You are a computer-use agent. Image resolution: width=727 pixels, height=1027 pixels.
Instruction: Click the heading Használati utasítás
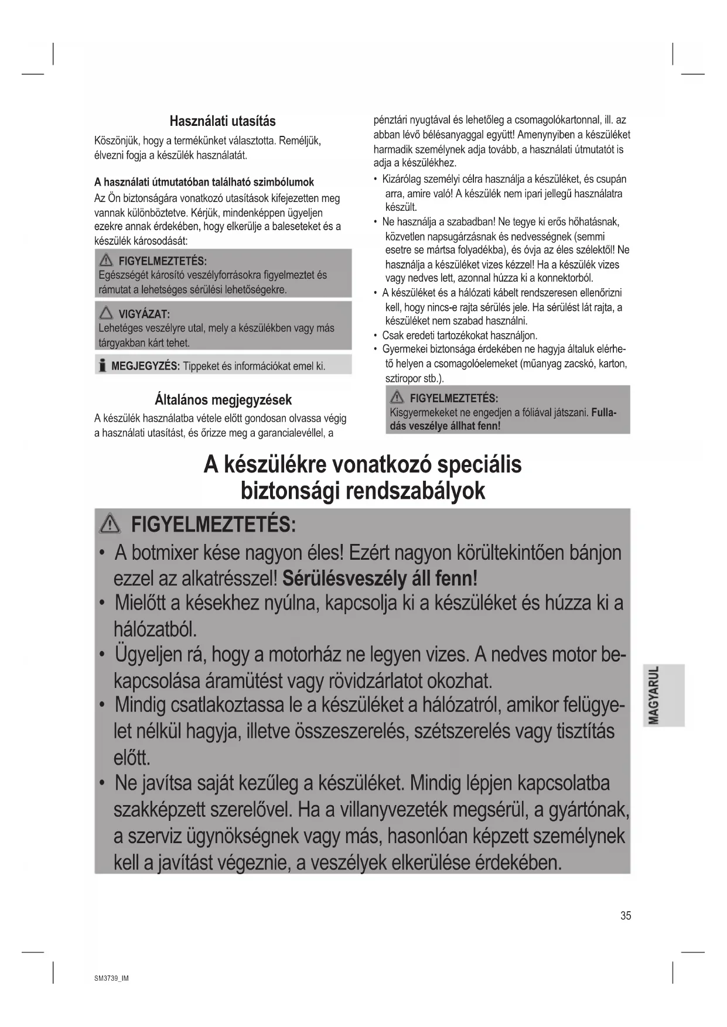coord(222,121)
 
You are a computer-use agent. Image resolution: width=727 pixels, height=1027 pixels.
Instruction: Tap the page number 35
coord(626,916)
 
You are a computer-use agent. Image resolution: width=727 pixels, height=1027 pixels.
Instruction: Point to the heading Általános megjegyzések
coord(223,400)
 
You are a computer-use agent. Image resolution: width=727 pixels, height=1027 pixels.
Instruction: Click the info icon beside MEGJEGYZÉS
coord(103,367)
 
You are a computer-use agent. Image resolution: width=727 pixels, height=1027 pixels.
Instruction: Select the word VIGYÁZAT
coord(144,314)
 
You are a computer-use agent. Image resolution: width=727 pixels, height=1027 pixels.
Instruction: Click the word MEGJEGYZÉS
coord(145,367)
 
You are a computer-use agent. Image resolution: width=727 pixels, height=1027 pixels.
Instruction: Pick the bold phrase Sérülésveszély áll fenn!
coord(380,578)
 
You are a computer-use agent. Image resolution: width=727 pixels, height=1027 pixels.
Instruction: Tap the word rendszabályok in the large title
coord(415,491)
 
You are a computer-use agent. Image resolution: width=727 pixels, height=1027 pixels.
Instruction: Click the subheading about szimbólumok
coord(204,182)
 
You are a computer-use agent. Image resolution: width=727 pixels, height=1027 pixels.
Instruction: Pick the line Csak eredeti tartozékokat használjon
coord(460,336)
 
